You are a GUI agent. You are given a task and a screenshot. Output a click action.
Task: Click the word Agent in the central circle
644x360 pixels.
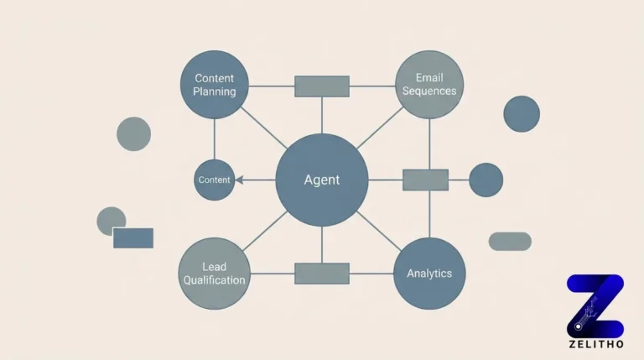322,180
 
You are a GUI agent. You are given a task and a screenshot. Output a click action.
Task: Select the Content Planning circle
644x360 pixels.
215,85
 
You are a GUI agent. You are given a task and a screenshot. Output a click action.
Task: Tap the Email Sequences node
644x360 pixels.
429,85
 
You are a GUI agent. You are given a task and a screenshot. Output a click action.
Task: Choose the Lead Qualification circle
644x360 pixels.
214,273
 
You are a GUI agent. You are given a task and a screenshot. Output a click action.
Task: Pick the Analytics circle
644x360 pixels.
429,273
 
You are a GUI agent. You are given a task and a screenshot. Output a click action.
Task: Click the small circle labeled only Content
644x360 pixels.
214,180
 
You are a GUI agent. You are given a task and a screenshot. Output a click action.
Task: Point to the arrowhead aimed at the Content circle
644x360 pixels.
239,180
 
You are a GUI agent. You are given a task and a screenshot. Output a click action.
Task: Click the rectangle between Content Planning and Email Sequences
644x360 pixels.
322,86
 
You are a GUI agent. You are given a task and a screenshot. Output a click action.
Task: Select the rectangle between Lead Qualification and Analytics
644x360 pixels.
322,274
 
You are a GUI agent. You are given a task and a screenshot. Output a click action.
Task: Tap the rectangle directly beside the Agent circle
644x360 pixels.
425,180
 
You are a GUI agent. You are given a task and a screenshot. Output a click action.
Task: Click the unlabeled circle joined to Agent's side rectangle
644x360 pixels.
486,180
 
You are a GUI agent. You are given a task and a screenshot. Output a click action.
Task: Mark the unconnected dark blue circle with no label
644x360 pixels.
522,113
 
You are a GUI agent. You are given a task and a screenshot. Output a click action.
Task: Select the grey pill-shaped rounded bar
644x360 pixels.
510,242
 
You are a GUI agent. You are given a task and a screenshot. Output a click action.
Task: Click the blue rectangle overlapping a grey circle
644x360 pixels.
133,237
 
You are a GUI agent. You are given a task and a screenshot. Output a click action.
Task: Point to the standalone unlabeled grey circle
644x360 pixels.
133,134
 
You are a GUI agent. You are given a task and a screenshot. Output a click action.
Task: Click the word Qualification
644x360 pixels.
214,280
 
